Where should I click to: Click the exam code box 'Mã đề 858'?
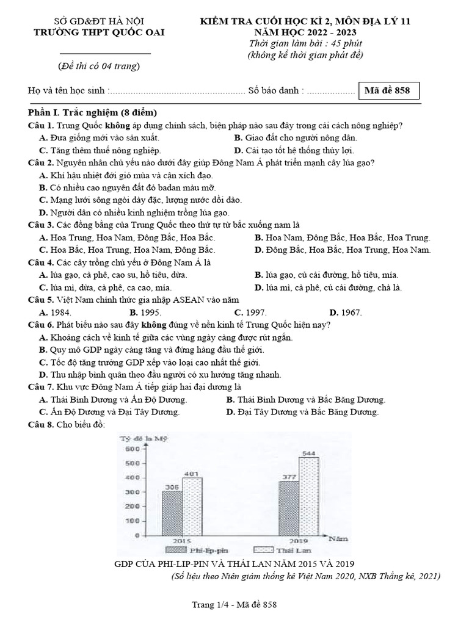point(387,91)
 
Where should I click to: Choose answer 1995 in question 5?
point(145,312)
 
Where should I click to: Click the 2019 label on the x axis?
point(297,540)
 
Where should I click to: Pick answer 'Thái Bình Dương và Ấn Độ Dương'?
point(113,400)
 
